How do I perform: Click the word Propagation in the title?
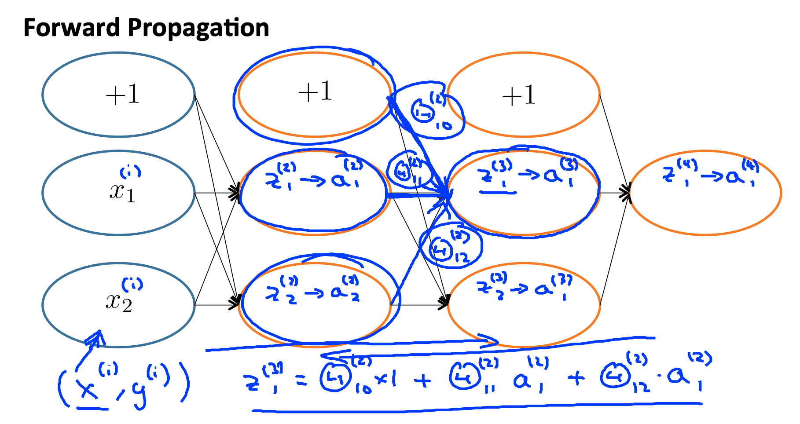click(x=198, y=29)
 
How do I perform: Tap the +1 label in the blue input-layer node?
click(x=122, y=94)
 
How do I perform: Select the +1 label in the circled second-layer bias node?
click(x=315, y=91)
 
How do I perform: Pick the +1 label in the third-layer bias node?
click(x=519, y=95)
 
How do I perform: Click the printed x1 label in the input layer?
click(x=122, y=192)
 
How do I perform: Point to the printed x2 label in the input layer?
click(x=118, y=302)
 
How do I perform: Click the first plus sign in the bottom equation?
click(x=422, y=380)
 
